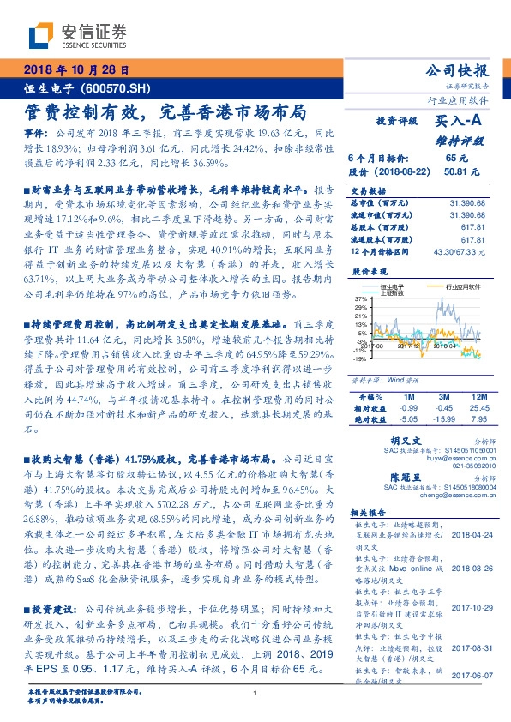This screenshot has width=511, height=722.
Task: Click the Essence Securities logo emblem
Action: click(42, 36)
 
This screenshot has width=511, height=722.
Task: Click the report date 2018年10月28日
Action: click(75, 70)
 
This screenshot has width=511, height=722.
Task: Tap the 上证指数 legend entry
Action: click(394, 292)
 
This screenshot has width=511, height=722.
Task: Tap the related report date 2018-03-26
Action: click(467, 568)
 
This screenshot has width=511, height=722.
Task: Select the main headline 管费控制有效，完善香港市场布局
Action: click(164, 112)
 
